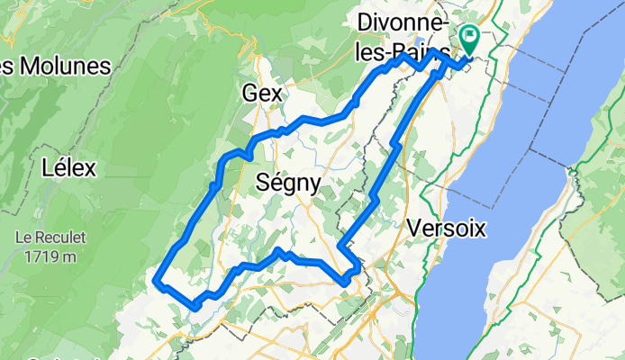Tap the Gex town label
pos(262,93)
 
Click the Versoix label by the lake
pos(446,229)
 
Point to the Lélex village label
pos(75,167)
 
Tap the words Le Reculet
pos(50,238)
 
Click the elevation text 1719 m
pos(50,256)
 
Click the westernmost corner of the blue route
pos(159,282)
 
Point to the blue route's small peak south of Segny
pos(280,251)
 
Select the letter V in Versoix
pos(413,229)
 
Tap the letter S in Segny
pos(264,182)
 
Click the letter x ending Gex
pos(276,94)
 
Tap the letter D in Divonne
pos(365,21)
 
